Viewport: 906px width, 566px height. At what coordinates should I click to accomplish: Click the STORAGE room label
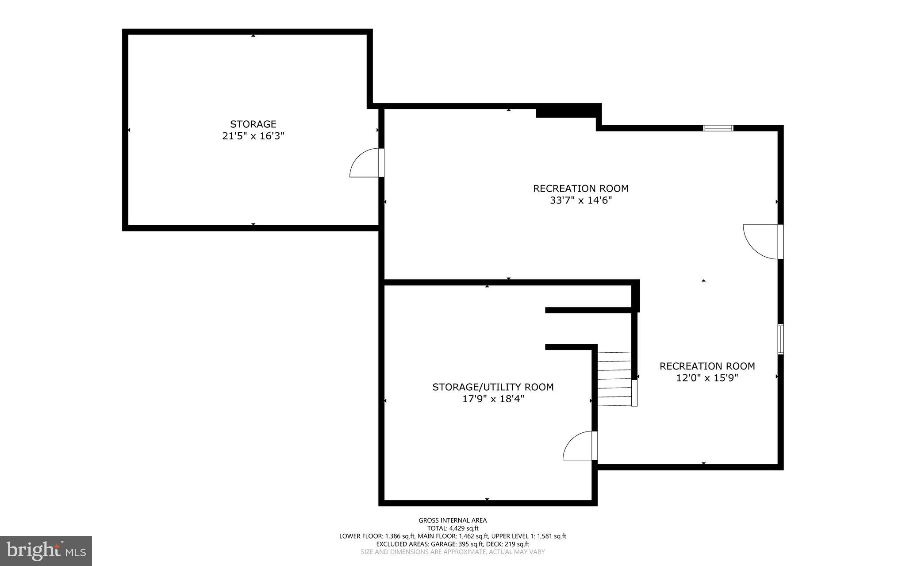253,124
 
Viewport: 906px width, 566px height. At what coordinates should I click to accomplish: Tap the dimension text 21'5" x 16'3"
253,136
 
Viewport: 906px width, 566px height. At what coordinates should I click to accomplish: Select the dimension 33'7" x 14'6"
580,200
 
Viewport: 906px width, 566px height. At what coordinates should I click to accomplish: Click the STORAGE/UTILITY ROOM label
493,387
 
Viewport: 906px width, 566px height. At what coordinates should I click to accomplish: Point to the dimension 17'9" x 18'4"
493,399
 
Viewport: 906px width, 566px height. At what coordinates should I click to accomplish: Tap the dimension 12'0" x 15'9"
707,378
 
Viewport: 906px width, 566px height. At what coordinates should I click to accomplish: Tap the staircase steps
614,379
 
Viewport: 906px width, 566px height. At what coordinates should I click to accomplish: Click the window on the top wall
718,128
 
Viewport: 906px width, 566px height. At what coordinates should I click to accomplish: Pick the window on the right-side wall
781,339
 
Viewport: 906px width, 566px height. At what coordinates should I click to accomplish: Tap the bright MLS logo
46,551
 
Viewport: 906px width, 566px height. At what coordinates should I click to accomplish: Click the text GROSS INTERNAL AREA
453,520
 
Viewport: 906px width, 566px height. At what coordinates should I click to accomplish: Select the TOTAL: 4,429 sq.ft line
453,528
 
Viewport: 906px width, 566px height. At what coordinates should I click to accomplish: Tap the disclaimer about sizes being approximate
453,552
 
